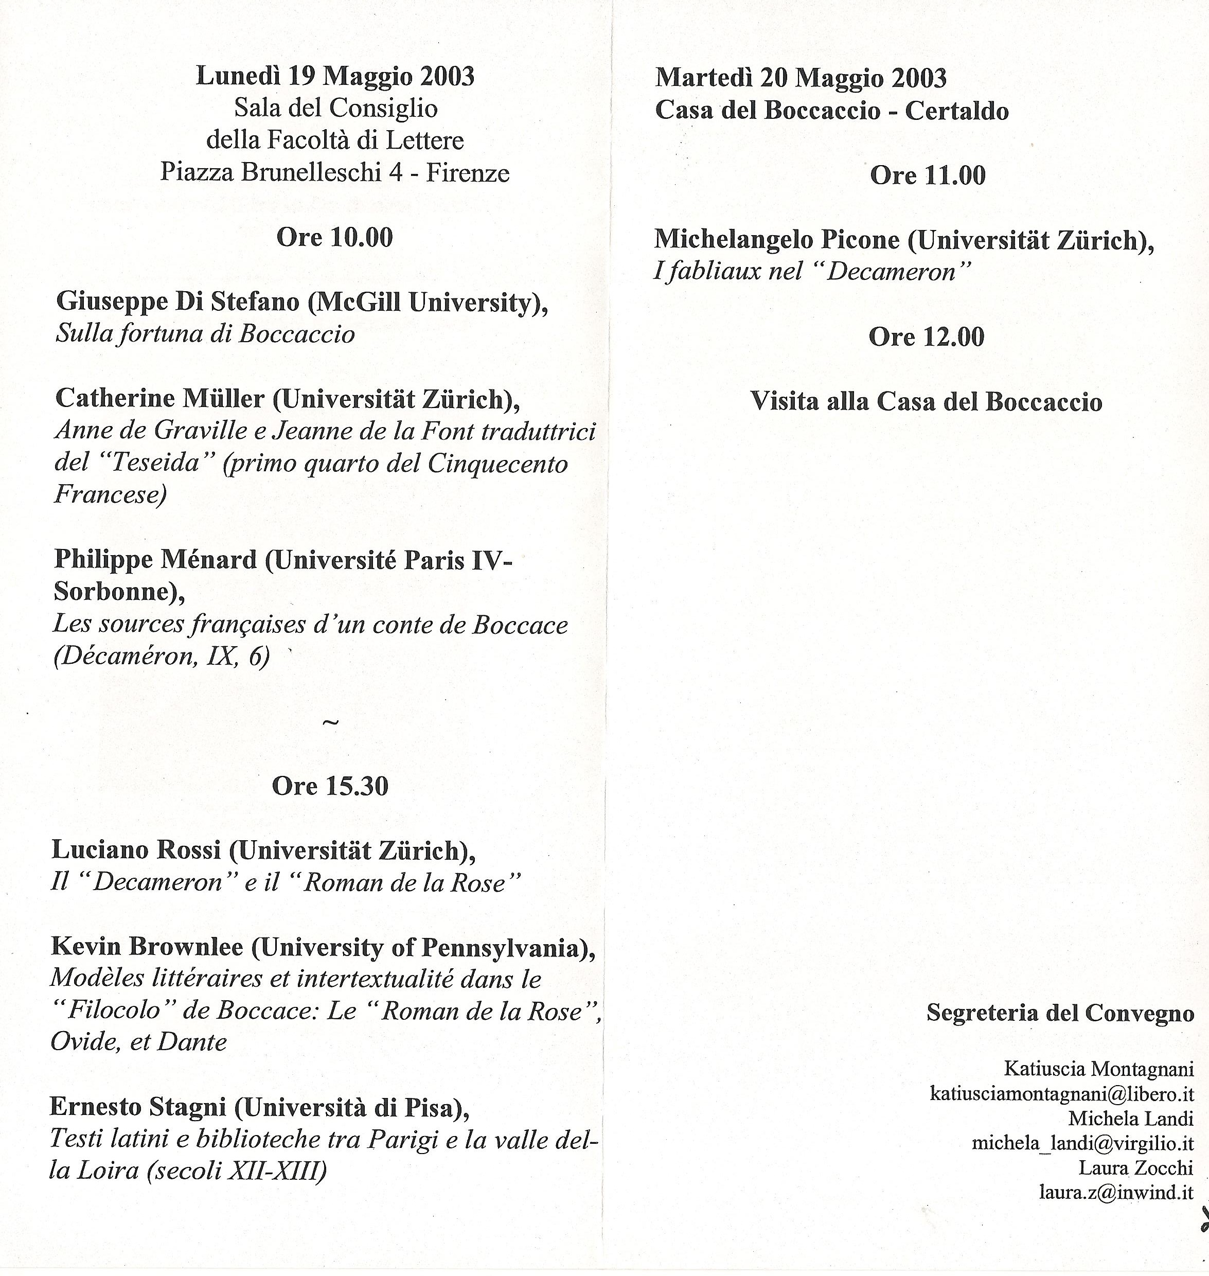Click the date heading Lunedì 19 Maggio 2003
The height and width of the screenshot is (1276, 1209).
pyautogui.click(x=335, y=76)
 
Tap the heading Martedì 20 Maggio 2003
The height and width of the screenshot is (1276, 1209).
pyautogui.click(x=801, y=79)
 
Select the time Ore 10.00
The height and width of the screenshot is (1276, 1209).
pyautogui.click(x=334, y=238)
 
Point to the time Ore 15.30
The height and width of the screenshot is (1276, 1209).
pyautogui.click(x=330, y=786)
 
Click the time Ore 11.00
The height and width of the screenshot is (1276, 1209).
pyautogui.click(x=928, y=175)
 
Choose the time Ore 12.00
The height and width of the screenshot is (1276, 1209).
pyautogui.click(x=926, y=337)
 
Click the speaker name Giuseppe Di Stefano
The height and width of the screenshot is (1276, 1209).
pyautogui.click(x=178, y=302)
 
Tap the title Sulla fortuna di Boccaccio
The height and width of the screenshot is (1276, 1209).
pyautogui.click(x=205, y=334)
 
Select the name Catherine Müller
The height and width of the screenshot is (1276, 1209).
pyautogui.click(x=160, y=398)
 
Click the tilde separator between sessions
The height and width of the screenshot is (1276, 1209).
pyautogui.click(x=330, y=723)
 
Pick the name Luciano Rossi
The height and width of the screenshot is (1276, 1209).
pyautogui.click(x=136, y=850)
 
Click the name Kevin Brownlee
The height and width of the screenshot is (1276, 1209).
pyautogui.click(x=147, y=947)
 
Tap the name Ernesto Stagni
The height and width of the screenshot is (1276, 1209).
pyautogui.click(x=138, y=1107)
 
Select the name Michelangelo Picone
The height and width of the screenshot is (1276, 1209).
pyautogui.click(x=776, y=240)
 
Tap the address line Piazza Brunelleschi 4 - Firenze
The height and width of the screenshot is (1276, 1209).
pyautogui.click(x=334, y=173)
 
